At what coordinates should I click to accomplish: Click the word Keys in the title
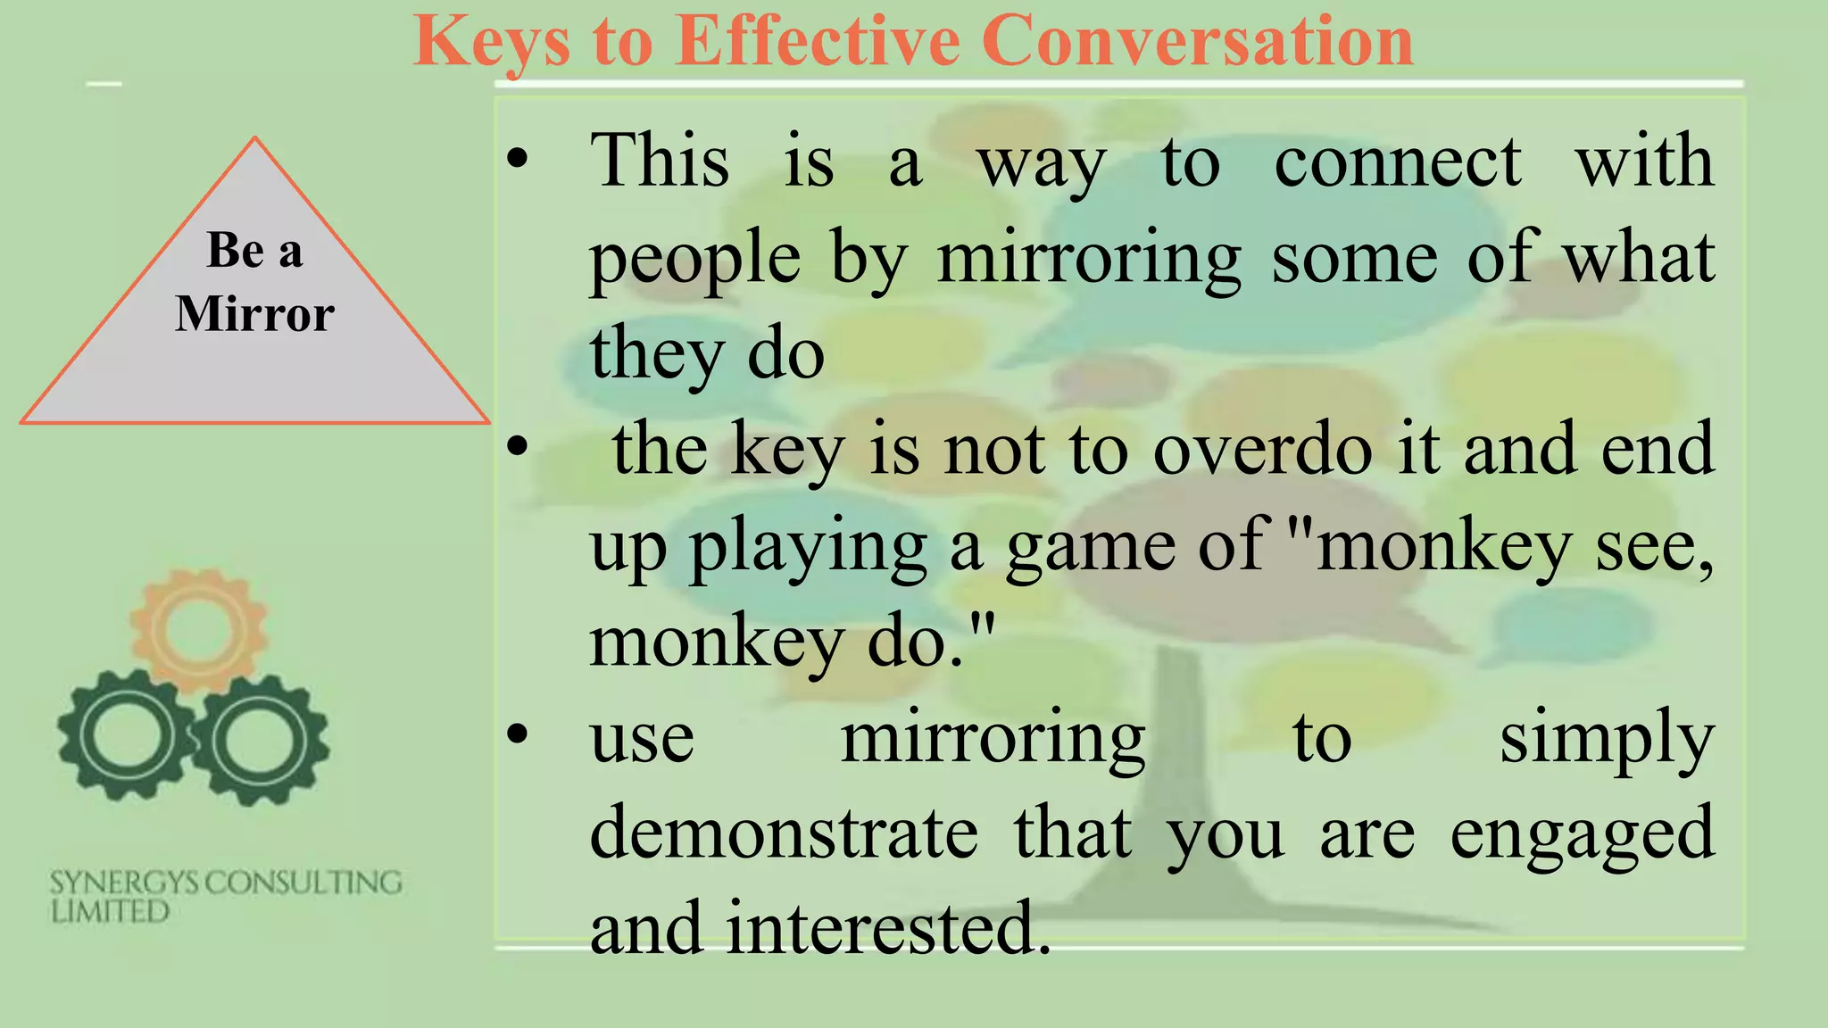pyautogui.click(x=492, y=42)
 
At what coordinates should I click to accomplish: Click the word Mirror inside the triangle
pyautogui.click(x=254, y=314)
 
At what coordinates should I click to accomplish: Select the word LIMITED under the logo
pyautogui.click(x=110, y=912)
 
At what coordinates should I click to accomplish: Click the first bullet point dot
pyautogui.click(x=517, y=161)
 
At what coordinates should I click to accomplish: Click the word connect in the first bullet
pyautogui.click(x=1397, y=162)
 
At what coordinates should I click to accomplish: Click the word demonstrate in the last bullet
pyautogui.click(x=784, y=833)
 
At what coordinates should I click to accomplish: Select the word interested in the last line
pyautogui.click(x=888, y=928)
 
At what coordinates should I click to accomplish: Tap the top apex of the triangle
pyautogui.click(x=255, y=138)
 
